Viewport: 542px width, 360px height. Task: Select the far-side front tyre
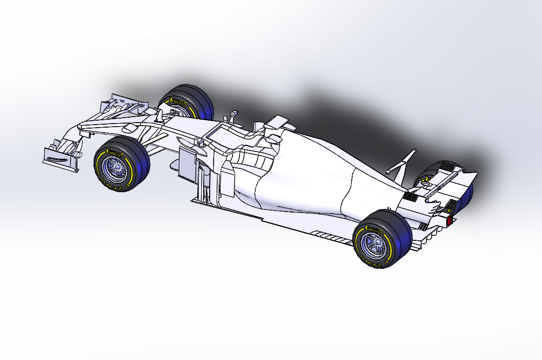pos(189,102)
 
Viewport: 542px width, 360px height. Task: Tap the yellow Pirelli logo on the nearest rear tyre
pos(374,229)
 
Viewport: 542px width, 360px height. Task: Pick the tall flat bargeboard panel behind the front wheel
pos(187,162)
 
